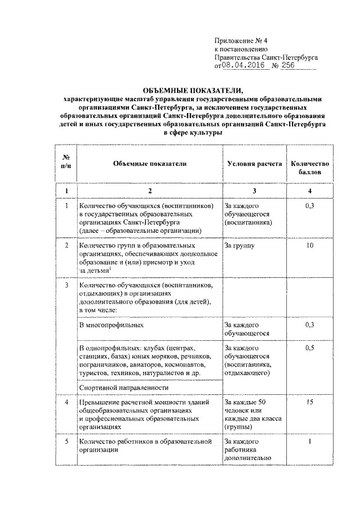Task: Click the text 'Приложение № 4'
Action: (x=241, y=40)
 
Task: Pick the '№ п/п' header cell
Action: (x=66, y=164)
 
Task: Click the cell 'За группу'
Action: (x=239, y=246)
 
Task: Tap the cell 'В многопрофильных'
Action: (x=108, y=325)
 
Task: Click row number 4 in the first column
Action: (x=66, y=403)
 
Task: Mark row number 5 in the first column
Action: (x=66, y=442)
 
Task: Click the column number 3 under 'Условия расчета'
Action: (x=254, y=191)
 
